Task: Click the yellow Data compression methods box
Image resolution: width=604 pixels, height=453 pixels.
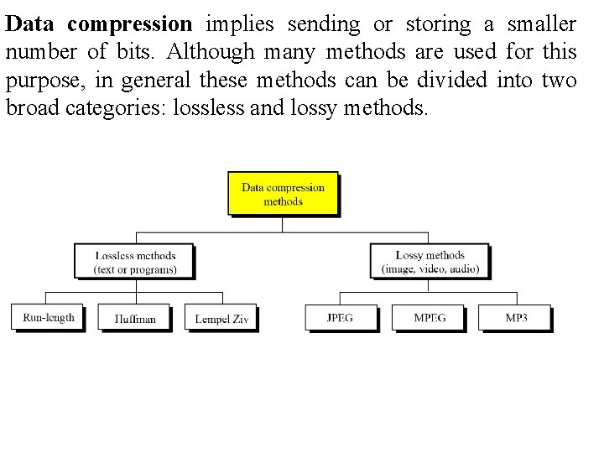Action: [x=283, y=194]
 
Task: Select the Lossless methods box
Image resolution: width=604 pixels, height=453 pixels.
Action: [x=135, y=261]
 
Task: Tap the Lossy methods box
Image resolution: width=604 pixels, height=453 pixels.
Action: [x=430, y=261]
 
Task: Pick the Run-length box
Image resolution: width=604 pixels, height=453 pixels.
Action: [x=49, y=317]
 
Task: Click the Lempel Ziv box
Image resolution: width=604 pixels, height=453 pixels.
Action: [x=221, y=317]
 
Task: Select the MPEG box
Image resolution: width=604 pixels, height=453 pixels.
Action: [x=430, y=317]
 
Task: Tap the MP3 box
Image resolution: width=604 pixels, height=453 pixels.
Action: [x=516, y=317]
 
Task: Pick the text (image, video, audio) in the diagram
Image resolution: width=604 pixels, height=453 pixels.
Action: [x=430, y=269]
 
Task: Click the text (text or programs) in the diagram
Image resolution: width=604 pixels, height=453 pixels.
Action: [x=135, y=269]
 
